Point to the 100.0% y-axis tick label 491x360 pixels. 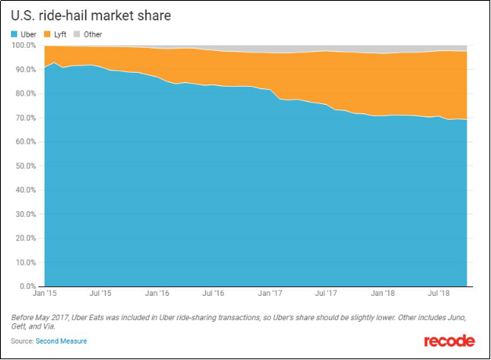click(23, 45)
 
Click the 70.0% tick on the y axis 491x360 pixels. click(25, 117)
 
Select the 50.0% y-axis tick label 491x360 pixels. click(25, 166)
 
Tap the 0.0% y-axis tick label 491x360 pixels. click(27, 286)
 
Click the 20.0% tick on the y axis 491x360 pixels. click(25, 238)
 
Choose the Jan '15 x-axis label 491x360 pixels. click(45, 294)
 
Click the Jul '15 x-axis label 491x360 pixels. click(100, 294)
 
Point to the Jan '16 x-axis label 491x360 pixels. click(157, 294)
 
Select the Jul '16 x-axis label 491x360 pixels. click(213, 294)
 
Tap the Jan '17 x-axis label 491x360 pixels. click(271, 294)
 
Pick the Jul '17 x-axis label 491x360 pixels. click(326, 294)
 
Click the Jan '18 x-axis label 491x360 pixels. click(383, 294)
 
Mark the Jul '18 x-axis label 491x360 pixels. click(438, 294)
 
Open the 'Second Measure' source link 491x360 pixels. click(61, 341)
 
